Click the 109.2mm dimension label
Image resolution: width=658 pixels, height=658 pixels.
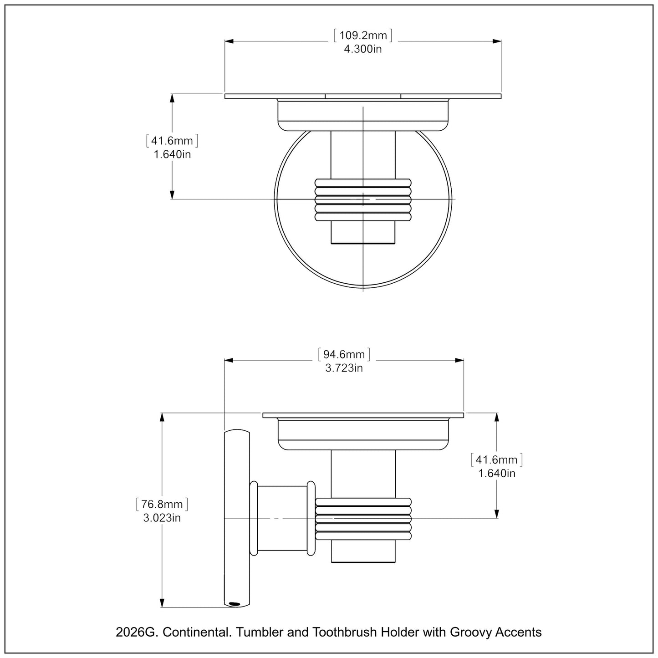tap(363, 36)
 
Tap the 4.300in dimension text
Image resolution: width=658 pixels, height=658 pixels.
tap(363, 49)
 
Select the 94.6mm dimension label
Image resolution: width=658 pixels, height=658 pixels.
tap(344, 354)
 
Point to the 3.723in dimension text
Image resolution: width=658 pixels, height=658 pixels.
tap(344, 368)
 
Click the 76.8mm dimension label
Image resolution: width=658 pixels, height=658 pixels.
tap(162, 504)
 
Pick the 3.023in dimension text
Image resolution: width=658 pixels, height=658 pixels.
tap(162, 518)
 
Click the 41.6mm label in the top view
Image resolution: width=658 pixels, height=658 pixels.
tap(172, 141)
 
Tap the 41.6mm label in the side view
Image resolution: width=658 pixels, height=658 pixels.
tap(497, 460)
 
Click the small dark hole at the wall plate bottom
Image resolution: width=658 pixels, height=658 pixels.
tap(235, 604)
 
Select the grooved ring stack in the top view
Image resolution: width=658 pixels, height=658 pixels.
tap(363, 199)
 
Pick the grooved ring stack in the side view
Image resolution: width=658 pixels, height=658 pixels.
tap(363, 518)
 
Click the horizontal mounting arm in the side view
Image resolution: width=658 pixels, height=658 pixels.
tap(282, 518)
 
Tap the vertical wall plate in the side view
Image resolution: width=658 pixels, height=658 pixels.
tap(237, 518)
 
